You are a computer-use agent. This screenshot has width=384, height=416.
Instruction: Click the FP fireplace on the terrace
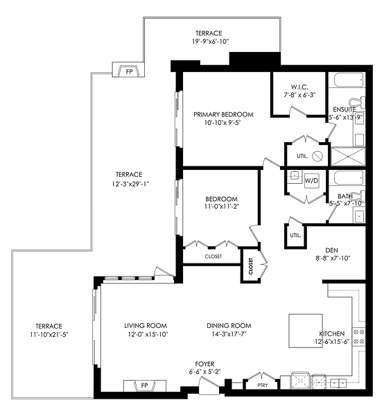[x=129, y=70]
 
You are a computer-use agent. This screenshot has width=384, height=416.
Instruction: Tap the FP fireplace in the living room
[x=145, y=385]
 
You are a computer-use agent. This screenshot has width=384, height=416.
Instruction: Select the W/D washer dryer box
[x=312, y=181]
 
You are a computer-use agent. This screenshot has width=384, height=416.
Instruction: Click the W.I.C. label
[x=299, y=87]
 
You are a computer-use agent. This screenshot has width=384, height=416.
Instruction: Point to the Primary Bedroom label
[x=223, y=114]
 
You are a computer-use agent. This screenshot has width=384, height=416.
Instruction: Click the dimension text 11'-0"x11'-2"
[x=222, y=207]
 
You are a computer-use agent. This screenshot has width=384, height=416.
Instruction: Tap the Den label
[x=331, y=250]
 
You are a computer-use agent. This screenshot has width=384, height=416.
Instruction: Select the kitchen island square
[x=306, y=331]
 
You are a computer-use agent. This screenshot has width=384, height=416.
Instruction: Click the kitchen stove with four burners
[x=359, y=337]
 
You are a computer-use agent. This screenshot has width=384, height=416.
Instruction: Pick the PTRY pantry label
[x=263, y=385]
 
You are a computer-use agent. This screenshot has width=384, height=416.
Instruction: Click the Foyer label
[x=204, y=364]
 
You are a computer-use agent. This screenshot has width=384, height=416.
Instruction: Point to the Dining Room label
[x=229, y=326]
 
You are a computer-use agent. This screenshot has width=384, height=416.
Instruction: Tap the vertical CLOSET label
[x=251, y=266]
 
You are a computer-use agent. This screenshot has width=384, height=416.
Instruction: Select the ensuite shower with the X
[x=348, y=157]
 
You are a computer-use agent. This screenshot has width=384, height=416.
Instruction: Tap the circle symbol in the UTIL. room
[x=317, y=156]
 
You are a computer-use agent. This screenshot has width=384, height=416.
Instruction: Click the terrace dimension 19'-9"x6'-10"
[x=210, y=42]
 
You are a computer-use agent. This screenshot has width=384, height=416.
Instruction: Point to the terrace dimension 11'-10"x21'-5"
[x=49, y=335]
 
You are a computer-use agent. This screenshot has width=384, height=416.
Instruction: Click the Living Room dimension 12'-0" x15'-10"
[x=148, y=334]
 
